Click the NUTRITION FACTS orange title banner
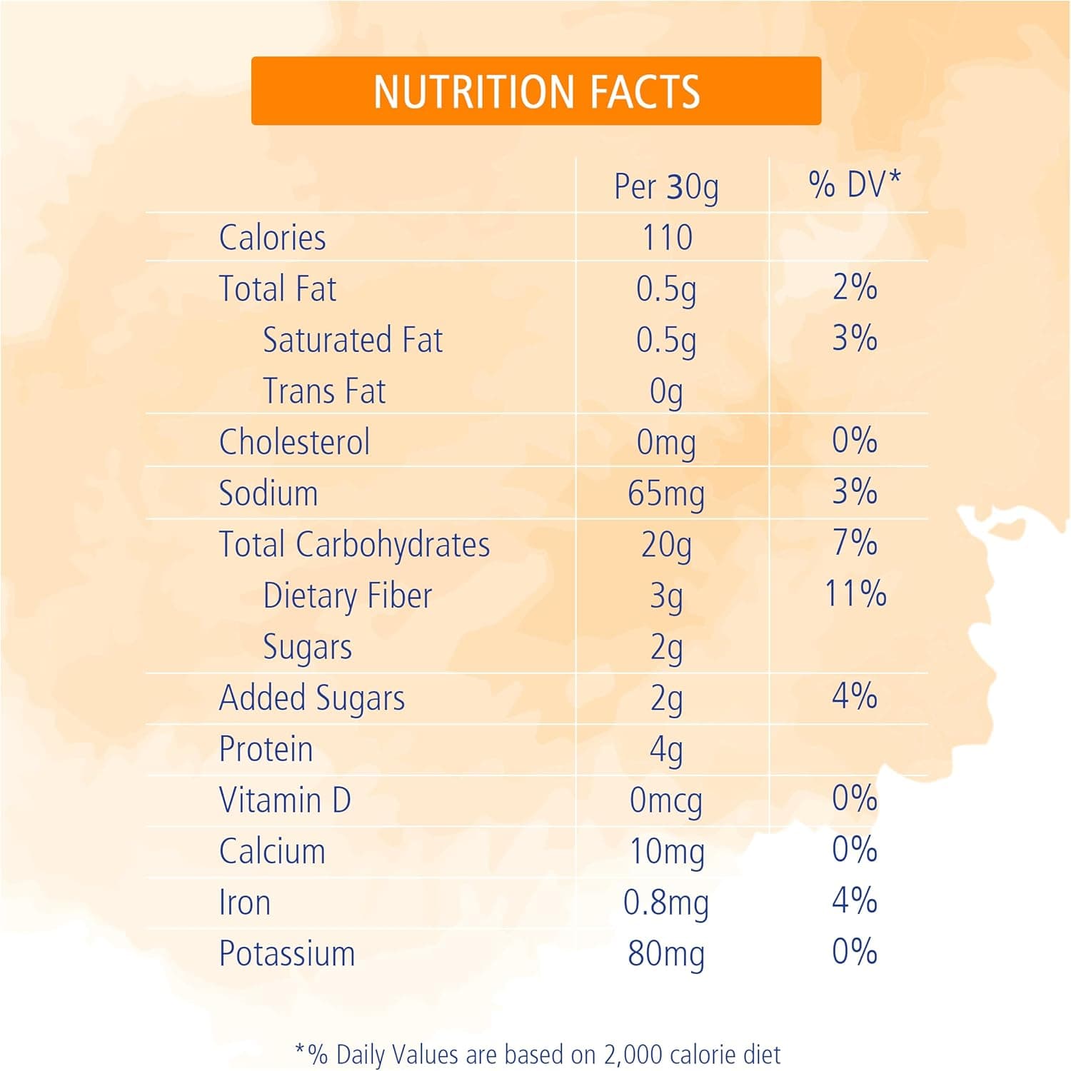[535, 91]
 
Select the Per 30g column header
[666, 186]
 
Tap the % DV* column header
[855, 184]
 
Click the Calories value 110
[667, 238]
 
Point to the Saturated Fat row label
[353, 340]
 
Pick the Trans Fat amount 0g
[666, 392]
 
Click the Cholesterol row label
[294, 442]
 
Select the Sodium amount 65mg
[666, 493]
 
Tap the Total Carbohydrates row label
[354, 545]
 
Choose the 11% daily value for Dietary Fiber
[855, 594]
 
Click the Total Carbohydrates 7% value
[855, 543]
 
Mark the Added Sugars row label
[312, 698]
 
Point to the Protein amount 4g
[666, 750]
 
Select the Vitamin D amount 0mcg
[666, 801]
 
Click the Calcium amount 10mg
[666, 852]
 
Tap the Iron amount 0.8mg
[666, 903]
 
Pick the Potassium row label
[287, 954]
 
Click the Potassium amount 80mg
[666, 954]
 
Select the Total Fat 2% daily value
[855, 288]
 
